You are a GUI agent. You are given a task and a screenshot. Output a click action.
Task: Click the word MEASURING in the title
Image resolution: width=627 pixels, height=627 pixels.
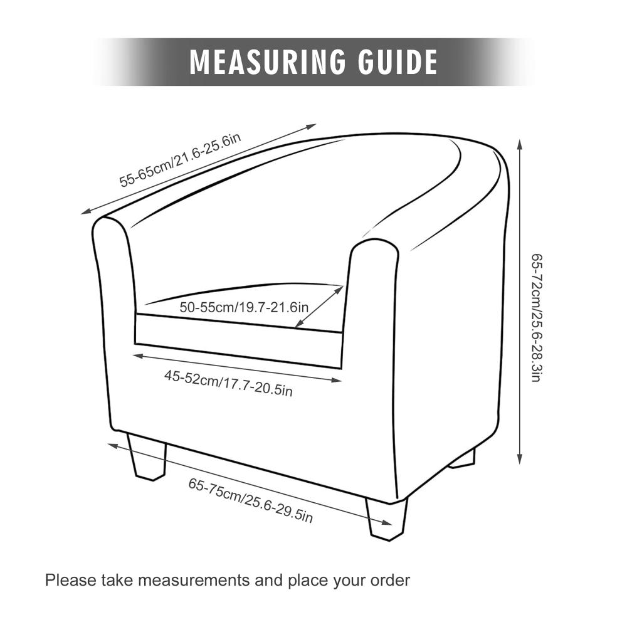[x=268, y=61]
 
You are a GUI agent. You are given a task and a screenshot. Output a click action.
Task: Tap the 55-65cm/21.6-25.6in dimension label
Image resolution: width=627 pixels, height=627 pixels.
[x=181, y=160]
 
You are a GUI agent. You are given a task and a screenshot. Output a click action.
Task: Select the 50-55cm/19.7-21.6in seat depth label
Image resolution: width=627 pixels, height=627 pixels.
[x=244, y=307]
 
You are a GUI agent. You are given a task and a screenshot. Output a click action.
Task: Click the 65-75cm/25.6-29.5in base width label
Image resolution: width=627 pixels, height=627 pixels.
[x=250, y=500]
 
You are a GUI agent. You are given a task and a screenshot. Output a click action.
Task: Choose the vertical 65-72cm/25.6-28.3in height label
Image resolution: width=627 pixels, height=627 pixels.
[x=537, y=317]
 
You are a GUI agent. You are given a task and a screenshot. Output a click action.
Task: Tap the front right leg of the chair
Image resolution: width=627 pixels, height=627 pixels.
[x=387, y=519]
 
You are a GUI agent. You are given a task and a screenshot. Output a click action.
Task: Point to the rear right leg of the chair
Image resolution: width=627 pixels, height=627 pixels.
[x=463, y=458]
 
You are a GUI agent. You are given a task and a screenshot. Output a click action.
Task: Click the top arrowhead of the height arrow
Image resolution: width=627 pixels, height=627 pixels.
[x=520, y=144]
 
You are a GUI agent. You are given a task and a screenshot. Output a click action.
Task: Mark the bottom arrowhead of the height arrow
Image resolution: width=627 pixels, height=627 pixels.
[x=520, y=459]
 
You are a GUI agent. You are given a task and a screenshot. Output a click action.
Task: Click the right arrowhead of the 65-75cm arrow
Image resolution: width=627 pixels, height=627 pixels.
[x=387, y=522]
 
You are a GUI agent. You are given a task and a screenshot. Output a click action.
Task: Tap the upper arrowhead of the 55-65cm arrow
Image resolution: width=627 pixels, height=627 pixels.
[x=311, y=127]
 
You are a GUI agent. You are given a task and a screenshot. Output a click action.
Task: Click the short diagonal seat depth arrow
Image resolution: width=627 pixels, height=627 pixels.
[x=319, y=307]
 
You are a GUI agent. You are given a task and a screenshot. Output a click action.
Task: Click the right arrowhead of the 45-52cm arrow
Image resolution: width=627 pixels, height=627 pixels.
[x=337, y=380]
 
